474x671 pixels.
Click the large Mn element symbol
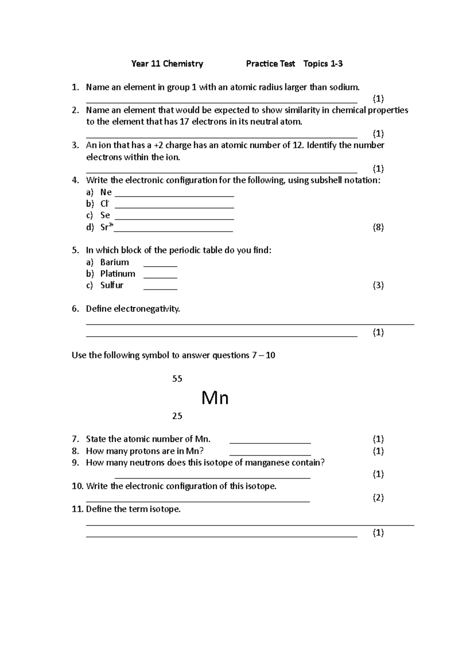(215, 398)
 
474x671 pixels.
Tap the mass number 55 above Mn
(177, 379)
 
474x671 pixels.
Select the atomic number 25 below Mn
(177, 416)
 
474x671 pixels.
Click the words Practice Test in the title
(270, 64)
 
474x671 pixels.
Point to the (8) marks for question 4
(378, 227)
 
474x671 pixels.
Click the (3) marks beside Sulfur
(378, 285)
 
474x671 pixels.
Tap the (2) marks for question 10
(378, 498)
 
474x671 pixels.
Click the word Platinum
(118, 274)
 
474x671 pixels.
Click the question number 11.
(77, 509)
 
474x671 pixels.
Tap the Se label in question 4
(105, 215)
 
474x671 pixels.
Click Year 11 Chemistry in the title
(167, 64)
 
